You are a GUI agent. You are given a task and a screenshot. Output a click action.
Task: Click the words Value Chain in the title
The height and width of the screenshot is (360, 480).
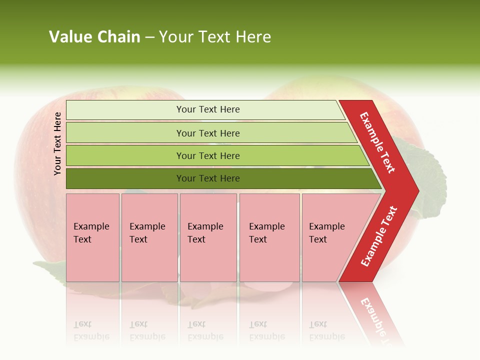click(94, 37)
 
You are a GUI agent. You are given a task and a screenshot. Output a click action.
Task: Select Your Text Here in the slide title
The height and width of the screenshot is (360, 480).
click(215, 37)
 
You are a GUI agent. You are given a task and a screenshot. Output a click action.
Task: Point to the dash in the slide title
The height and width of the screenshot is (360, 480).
click(149, 37)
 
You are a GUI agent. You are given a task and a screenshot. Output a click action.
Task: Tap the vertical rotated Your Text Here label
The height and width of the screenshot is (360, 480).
click(58, 143)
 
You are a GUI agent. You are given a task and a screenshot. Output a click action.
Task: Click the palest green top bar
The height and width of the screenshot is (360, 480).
click(207, 109)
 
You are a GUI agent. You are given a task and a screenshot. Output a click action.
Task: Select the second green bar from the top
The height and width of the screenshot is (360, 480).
click(207, 133)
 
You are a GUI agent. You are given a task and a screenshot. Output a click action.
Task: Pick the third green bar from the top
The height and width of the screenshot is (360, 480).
click(207, 155)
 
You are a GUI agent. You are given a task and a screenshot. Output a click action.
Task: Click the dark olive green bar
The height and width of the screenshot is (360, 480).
click(207, 178)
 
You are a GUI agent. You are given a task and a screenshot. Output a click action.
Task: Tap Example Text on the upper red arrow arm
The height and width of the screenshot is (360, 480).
click(377, 142)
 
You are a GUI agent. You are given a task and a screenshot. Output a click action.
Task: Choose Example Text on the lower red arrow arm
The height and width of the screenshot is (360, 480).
click(379, 236)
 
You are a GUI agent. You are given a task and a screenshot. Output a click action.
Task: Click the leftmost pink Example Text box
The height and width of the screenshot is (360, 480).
click(92, 237)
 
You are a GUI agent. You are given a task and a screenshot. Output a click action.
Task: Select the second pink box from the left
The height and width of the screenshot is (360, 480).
click(149, 237)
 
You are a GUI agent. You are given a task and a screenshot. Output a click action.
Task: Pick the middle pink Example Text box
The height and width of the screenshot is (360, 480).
click(208, 237)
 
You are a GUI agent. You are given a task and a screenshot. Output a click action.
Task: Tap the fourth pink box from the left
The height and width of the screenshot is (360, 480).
click(269, 237)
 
